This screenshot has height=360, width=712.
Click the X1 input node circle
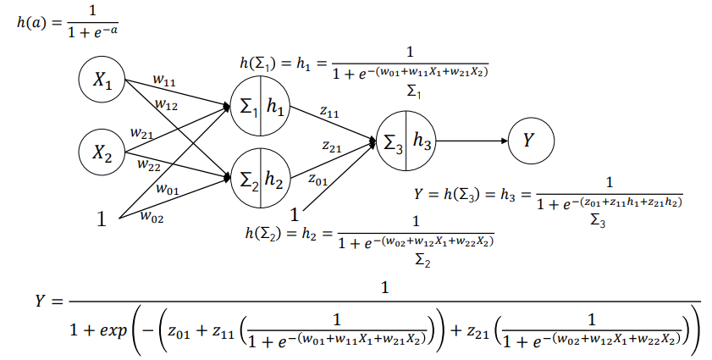102,81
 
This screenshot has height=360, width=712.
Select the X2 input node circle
102,153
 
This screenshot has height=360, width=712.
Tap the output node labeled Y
529,141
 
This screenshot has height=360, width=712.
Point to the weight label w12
166,104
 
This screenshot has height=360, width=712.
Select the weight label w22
149,164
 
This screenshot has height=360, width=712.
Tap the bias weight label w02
152,218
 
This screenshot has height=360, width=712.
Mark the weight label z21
332,147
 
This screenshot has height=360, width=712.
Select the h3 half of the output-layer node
422,141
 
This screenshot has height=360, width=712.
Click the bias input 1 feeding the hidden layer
102,221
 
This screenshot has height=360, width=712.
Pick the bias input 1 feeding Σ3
295,214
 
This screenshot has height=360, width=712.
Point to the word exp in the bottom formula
111,328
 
